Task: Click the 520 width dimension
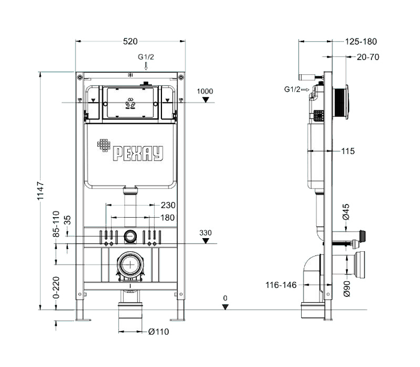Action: tap(130, 41)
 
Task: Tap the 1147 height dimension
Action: tap(40, 191)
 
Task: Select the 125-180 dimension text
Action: tap(361, 41)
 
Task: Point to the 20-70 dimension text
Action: tap(368, 57)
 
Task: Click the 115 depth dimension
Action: tap(347, 151)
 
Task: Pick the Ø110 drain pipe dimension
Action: tap(158, 332)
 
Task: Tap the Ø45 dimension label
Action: tap(346, 212)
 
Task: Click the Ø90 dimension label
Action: tap(346, 288)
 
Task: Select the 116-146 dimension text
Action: tap(281, 285)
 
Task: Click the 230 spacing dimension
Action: tap(168, 205)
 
